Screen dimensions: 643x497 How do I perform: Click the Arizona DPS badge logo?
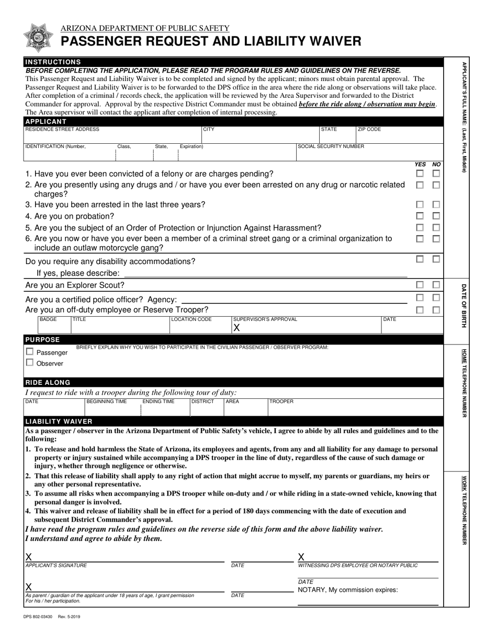pyautogui.click(x=39, y=37)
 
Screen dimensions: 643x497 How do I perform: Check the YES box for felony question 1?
pyautogui.click(x=420, y=174)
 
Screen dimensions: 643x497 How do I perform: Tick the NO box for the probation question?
pyautogui.click(x=436, y=216)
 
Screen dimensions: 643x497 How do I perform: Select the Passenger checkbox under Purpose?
pyautogui.click(x=30, y=352)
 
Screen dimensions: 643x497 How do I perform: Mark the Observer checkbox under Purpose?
pyautogui.click(x=30, y=362)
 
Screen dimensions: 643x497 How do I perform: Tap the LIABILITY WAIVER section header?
pyautogui.click(x=59, y=421)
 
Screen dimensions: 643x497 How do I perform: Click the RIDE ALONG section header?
pyautogui.click(x=48, y=383)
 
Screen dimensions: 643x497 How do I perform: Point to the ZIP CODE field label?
pyautogui.click(x=369, y=129)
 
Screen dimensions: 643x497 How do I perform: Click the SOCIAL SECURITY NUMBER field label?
pyautogui.click(x=331, y=147)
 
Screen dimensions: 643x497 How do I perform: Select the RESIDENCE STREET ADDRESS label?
pyautogui.click(x=62, y=129)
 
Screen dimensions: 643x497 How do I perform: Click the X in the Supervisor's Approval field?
pyautogui.click(x=236, y=328)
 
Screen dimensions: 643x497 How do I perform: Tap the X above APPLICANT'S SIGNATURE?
pyautogui.click(x=29, y=557)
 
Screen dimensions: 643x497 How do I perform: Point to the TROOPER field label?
pyautogui.click(x=281, y=401)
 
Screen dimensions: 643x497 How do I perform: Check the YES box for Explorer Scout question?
pyautogui.click(x=420, y=285)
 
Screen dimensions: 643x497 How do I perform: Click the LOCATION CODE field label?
pyautogui.click(x=192, y=319)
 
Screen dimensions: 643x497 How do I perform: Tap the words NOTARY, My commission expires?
pyautogui.click(x=348, y=590)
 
